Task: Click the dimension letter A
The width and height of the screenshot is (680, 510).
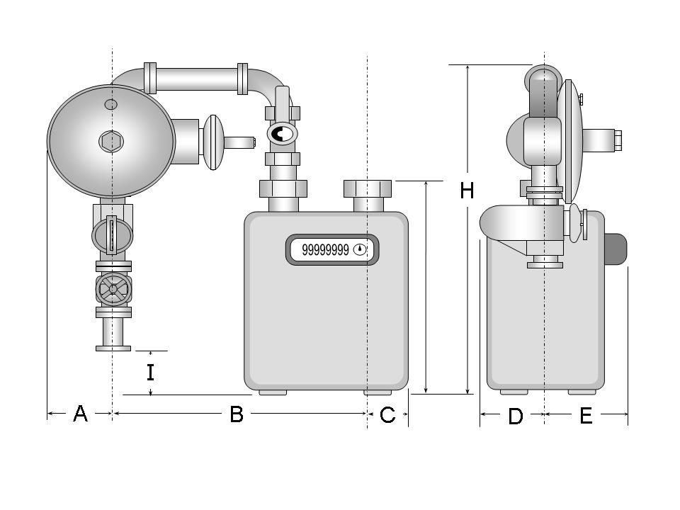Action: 80,414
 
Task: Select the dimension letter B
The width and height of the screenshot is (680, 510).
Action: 237,414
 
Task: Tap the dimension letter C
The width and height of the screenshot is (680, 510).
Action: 387,415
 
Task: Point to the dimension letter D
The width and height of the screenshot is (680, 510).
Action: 516,416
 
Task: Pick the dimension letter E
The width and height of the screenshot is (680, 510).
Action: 586,416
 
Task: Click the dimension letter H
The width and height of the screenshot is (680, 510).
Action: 467,191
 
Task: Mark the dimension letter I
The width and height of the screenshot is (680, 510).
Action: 150,373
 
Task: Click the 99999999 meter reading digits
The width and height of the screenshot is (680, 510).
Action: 325,249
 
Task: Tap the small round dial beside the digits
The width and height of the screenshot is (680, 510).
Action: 361,249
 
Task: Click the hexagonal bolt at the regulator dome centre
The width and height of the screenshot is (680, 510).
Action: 110,142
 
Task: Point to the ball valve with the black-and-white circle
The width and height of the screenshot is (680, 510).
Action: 281,134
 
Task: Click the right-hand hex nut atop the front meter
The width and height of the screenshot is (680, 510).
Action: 368,188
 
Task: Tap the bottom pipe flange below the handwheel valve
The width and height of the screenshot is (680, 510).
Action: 113,347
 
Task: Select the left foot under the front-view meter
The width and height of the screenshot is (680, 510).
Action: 273,391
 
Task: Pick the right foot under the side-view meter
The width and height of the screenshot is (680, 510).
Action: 582,391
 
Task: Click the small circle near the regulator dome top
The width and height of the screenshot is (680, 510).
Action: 111,105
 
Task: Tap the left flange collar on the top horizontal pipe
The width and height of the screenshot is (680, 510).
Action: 150,78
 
